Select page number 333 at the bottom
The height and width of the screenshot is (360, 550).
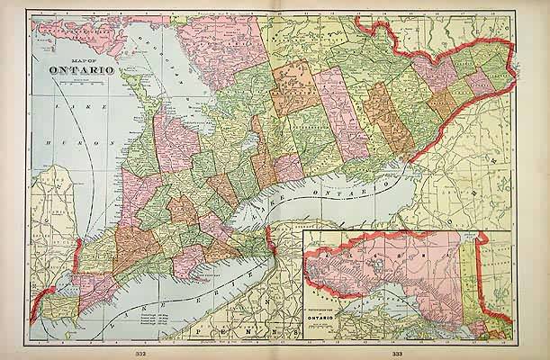pos(397,353)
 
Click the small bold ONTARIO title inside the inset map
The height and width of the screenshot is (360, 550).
pos(333,319)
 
